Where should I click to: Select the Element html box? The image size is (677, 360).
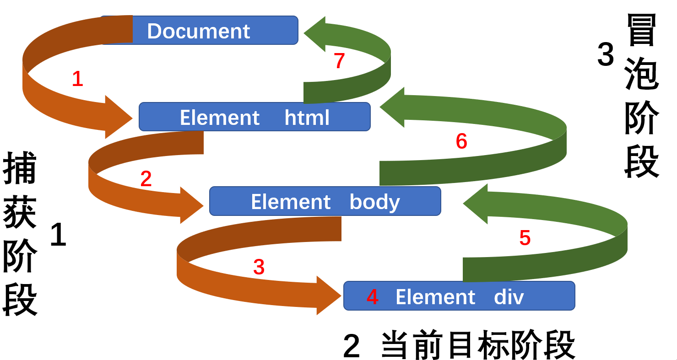(255, 117)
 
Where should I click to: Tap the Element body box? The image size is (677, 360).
(325, 201)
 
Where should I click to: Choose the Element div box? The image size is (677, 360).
(459, 296)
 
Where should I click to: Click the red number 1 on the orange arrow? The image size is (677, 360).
(77, 79)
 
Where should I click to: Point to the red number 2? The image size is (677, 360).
(146, 179)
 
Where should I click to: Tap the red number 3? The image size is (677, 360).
(259, 267)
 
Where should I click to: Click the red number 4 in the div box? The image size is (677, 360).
(373, 297)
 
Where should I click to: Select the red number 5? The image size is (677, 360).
(525, 238)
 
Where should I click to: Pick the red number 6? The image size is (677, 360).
(461, 141)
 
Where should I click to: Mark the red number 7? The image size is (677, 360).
(339, 61)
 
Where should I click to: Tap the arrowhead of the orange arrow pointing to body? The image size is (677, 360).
(191, 205)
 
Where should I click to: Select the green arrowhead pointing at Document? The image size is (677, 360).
(316, 34)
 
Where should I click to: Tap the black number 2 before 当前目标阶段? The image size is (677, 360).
(352, 346)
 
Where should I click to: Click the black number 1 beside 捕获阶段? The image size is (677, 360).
(58, 235)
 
